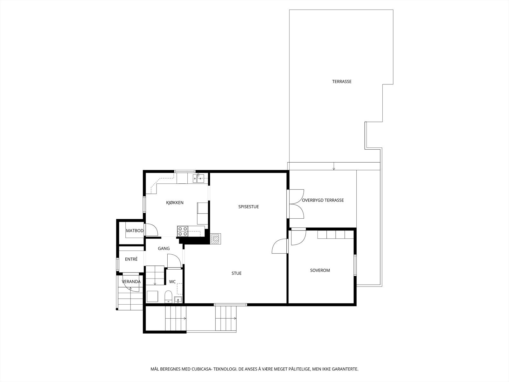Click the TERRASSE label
pyautogui.click(x=342, y=81)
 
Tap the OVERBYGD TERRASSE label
pyautogui.click(x=323, y=200)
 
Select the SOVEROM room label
pyautogui.click(x=320, y=270)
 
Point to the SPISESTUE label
pyautogui.click(x=248, y=207)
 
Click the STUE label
pyautogui.click(x=236, y=273)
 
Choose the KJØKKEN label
pyautogui.click(x=175, y=202)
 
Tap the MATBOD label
pyautogui.click(x=135, y=230)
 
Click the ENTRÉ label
pyautogui.click(x=131, y=259)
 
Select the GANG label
pyautogui.click(x=164, y=248)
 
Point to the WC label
pyautogui.click(x=172, y=281)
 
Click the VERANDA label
pyautogui.click(x=131, y=281)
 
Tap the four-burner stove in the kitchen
pyautogui.click(x=183, y=231)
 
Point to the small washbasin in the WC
pyautogui.click(x=178, y=300)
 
